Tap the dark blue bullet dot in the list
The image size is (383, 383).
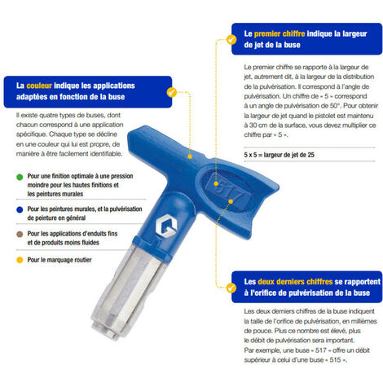pyautogui.click(x=19, y=209)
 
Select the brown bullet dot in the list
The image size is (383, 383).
pyautogui.click(x=19, y=235)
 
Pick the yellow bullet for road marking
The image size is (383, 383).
pyautogui.click(x=19, y=260)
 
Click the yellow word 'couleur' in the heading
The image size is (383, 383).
pyautogui.click(x=38, y=84)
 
